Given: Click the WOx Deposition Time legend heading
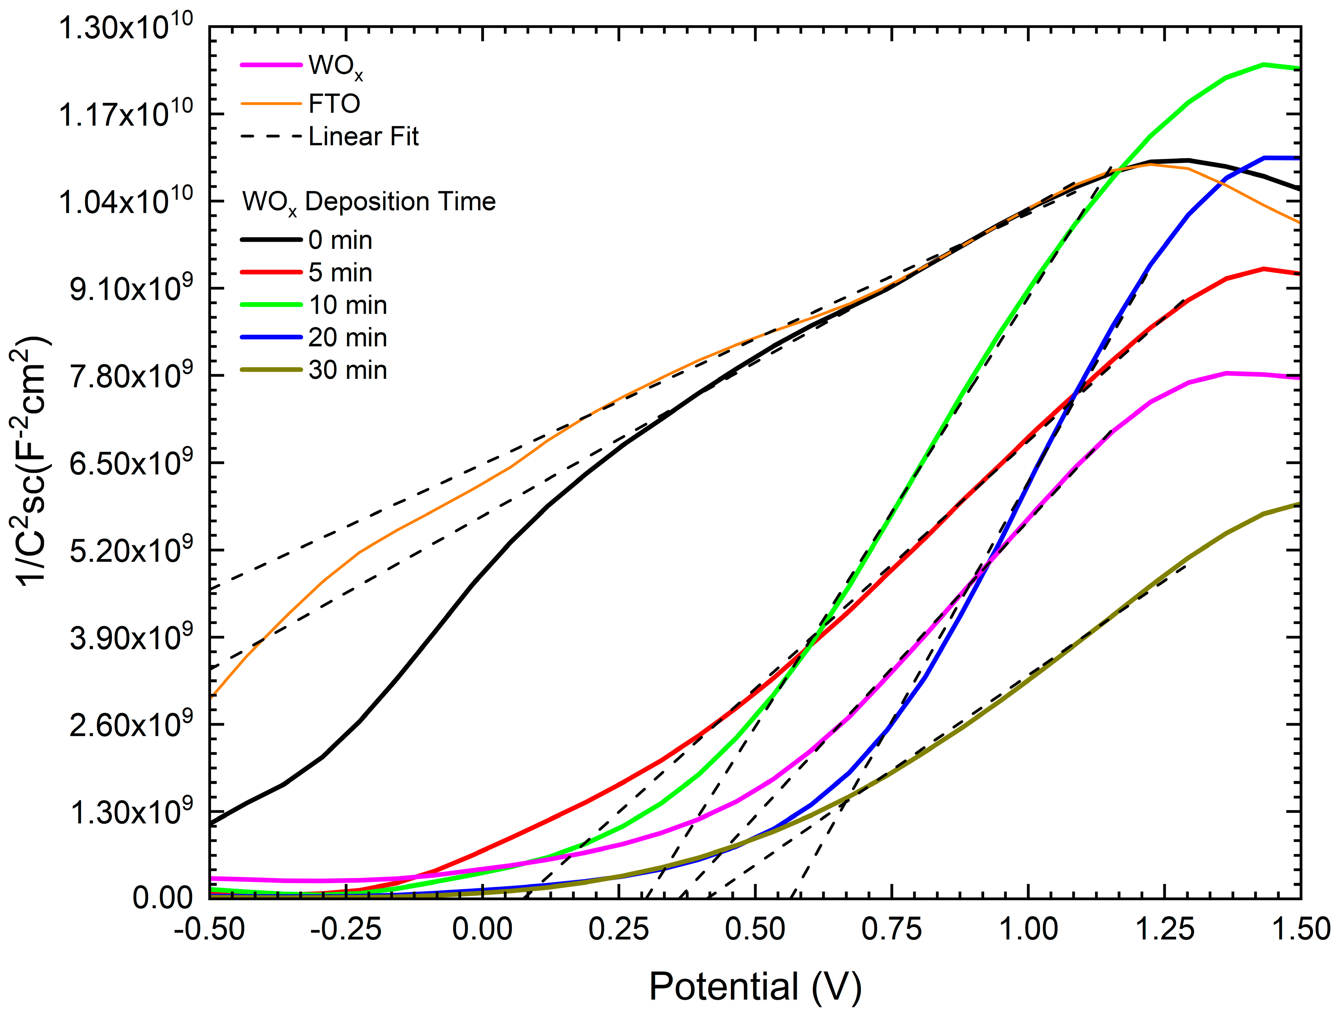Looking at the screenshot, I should click(x=369, y=202).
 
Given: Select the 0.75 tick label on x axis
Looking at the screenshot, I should click(x=892, y=929).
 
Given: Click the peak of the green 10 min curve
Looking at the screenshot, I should click(x=1264, y=64).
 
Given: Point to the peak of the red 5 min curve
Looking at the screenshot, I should click(x=1264, y=268).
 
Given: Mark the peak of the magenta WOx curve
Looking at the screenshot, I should click(x=1226, y=373).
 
